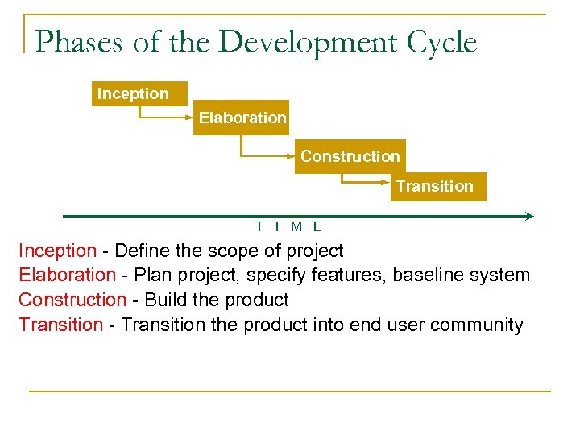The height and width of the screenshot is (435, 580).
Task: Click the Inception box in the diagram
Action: [139, 94]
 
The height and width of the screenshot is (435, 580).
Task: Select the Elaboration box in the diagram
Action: [242, 118]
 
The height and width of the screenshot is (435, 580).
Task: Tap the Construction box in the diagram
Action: [350, 157]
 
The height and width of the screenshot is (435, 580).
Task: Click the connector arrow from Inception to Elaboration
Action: [165, 118]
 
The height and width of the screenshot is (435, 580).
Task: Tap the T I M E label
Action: [288, 228]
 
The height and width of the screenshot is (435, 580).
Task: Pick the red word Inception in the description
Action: [57, 251]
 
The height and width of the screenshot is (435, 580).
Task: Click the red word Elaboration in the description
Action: [67, 275]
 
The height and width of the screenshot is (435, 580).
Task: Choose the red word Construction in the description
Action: [72, 300]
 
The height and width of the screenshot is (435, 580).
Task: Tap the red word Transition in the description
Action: [60, 325]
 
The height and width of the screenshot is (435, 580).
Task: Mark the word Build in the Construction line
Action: [164, 300]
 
